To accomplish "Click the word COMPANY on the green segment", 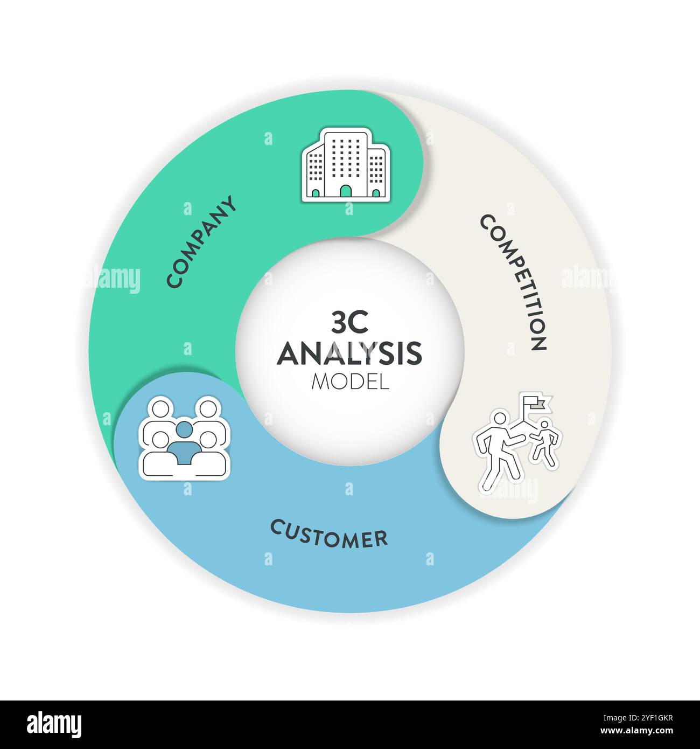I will [201, 242].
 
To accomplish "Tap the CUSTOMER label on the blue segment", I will [328, 533].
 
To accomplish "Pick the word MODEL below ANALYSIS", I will [350, 382].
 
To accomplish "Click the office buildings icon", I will [346, 164].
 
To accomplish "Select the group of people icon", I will [184, 437].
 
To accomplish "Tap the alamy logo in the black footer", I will [54, 724].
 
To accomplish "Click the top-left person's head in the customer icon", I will [161, 408].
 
